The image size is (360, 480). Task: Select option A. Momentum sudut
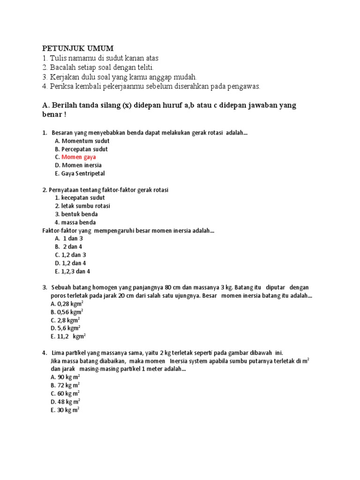[x=82, y=141]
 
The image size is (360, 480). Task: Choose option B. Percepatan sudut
[x=81, y=149]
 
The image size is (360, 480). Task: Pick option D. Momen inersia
[x=78, y=165]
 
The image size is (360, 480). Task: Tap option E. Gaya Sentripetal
[x=80, y=173]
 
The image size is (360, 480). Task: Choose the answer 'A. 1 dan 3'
[x=70, y=238]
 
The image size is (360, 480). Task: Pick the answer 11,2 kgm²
[x=67, y=336]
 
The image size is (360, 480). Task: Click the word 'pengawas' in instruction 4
[x=243, y=86]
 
